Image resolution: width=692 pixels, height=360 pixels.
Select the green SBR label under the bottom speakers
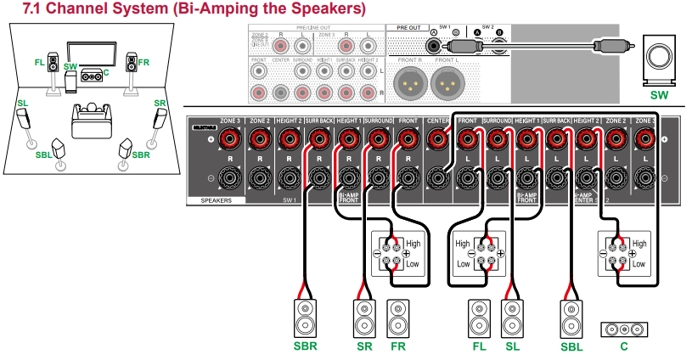(x=305, y=346)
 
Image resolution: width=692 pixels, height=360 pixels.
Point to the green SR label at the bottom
(x=364, y=346)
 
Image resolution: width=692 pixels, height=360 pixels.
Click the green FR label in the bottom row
(x=397, y=346)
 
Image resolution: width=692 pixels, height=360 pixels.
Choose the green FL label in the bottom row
(x=478, y=346)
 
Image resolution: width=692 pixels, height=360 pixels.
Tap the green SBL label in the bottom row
(x=571, y=346)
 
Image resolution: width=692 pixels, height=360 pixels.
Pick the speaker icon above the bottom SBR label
(x=305, y=318)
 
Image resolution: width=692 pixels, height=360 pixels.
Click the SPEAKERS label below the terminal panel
(x=216, y=200)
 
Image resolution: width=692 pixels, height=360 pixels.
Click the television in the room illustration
(x=91, y=53)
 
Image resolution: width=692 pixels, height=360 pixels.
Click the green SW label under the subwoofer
(x=659, y=96)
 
